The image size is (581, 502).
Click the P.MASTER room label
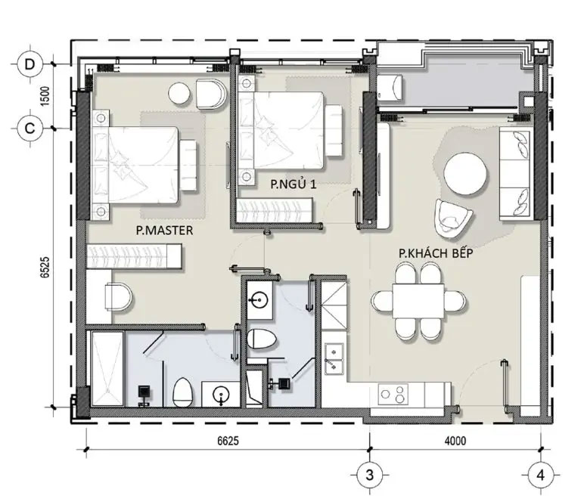click(164, 231)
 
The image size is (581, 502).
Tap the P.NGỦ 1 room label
click(293, 184)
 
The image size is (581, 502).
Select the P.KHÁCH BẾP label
click(436, 253)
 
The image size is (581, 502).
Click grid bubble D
click(30, 64)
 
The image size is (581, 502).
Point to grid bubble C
click(30, 128)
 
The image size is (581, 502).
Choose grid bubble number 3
click(369, 475)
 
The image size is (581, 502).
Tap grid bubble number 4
click(540, 475)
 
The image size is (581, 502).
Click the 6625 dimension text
click(228, 441)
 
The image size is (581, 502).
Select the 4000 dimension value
click(455, 441)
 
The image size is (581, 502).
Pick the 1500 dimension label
click(45, 96)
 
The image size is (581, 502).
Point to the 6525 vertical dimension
click(45, 267)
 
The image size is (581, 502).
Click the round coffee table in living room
click(465, 175)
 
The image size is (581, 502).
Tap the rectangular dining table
click(418, 301)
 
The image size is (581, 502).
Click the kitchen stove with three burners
click(393, 395)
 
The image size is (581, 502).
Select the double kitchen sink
click(334, 358)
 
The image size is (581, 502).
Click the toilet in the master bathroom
click(182, 392)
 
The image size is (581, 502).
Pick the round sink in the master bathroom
click(221, 395)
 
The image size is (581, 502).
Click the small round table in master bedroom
click(180, 94)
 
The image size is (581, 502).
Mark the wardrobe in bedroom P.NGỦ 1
click(275, 210)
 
